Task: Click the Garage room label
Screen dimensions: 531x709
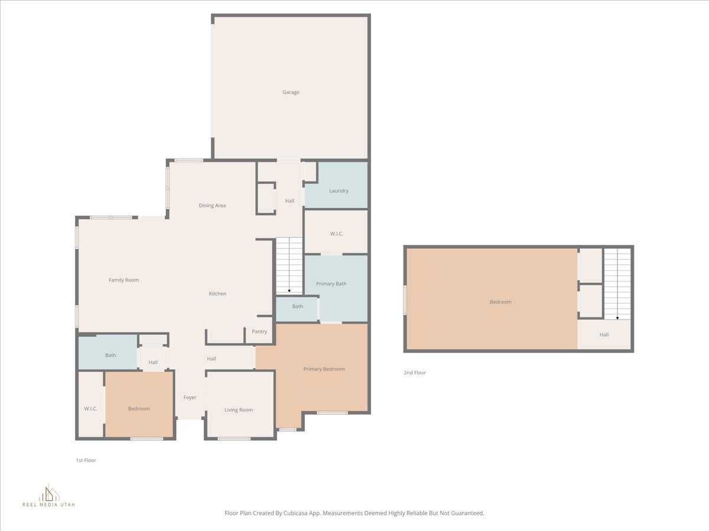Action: coord(291,92)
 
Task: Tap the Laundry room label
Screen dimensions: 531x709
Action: coord(339,191)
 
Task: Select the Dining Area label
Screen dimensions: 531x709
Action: coord(212,206)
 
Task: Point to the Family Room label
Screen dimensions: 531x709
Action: coord(123,280)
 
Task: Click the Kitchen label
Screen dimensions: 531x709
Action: coord(217,294)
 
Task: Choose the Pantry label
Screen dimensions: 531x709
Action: coord(259,332)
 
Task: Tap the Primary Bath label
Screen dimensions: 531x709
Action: coord(331,284)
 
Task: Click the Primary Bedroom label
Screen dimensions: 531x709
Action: coord(324,369)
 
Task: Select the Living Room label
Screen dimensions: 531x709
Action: coord(239,410)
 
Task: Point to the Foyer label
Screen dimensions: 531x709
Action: coord(190,398)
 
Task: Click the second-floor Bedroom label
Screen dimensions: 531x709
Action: coord(500,302)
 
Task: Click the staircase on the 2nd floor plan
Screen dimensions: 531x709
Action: coord(617,284)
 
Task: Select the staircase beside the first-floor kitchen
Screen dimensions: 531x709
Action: coord(289,265)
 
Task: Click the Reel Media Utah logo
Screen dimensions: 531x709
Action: coord(48,496)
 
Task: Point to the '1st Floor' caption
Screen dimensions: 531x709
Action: coord(86,460)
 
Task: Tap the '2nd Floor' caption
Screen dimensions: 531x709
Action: coord(415,373)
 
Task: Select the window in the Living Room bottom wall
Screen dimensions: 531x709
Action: coord(235,438)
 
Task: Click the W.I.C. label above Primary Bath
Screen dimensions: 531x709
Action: coord(336,234)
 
